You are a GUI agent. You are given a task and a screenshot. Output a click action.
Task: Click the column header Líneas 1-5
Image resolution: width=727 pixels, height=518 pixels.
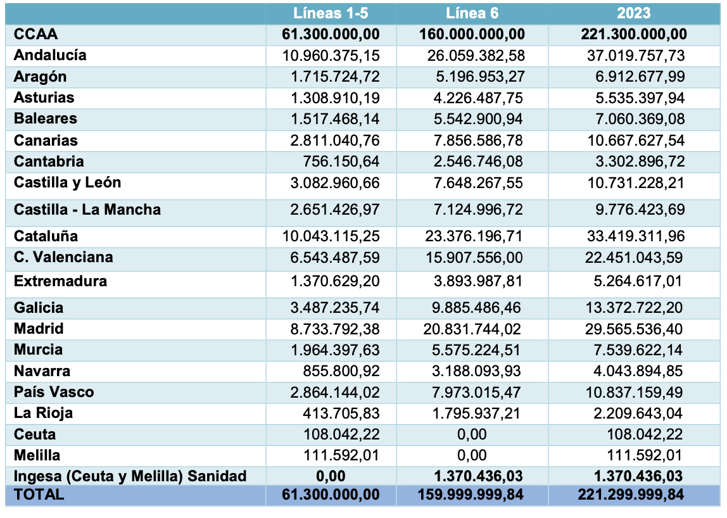coord(331,13)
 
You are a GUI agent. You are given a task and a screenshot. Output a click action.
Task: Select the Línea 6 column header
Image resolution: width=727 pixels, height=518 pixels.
coord(472,13)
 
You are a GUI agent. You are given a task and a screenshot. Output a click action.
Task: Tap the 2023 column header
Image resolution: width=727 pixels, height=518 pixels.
coord(633,13)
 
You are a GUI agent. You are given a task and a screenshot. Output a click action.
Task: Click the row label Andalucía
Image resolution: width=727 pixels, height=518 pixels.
coord(50,55)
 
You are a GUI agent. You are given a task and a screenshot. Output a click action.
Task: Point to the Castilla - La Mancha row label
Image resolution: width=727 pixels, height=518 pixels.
coord(87,210)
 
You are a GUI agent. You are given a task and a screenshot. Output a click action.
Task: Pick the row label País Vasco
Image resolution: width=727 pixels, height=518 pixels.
coord(54,392)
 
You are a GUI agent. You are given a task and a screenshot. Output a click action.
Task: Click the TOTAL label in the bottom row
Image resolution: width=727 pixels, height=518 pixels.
coord(39,495)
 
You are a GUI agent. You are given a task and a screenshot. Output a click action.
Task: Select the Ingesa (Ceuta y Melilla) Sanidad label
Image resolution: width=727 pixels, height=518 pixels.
coord(130,476)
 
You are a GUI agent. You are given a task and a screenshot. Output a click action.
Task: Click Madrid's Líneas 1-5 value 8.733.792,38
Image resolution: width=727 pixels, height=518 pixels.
coord(335,329)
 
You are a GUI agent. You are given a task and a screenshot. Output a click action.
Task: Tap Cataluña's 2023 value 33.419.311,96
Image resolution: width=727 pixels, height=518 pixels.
coord(636,236)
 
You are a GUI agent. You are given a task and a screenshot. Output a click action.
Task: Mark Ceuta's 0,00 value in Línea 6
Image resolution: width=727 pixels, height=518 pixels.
coord(472,434)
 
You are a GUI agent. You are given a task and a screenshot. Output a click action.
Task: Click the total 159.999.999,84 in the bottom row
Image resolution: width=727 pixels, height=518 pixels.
coord(471,495)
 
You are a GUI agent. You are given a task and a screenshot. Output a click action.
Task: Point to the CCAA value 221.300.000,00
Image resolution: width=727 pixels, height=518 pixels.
coord(634,34)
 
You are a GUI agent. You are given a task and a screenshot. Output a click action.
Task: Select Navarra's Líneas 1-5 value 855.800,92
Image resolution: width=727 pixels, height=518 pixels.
coord(341,371)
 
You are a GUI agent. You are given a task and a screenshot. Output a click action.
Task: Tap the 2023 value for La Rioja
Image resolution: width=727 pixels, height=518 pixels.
coord(638,413)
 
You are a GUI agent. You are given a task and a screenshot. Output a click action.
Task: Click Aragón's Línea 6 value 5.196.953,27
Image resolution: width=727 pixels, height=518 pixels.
coord(480,77)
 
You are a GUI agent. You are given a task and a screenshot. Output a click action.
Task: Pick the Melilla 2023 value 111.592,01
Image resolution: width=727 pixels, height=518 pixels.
coord(645,455)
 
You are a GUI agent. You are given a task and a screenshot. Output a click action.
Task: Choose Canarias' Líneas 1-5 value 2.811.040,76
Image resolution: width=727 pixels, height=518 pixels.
coord(335,140)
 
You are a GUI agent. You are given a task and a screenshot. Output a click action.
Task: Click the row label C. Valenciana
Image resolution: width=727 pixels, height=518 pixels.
coord(63,257)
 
